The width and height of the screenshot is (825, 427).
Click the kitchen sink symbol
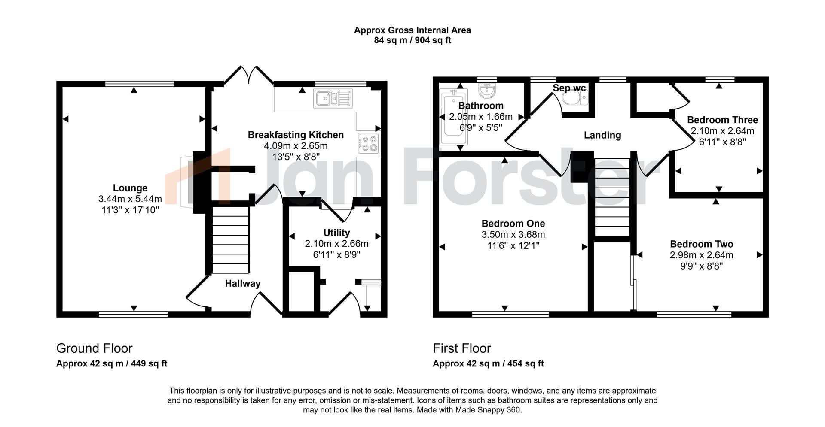(x=333, y=99)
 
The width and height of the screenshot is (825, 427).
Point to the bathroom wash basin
(x=487, y=91)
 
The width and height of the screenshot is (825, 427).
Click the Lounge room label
(x=130, y=188)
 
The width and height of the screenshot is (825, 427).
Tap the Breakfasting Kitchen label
(x=296, y=135)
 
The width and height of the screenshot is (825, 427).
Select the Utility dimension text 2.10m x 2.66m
(x=336, y=244)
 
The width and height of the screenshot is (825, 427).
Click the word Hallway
(x=242, y=284)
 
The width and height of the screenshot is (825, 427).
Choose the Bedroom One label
(x=513, y=224)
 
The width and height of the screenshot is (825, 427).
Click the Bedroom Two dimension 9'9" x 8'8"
(x=701, y=266)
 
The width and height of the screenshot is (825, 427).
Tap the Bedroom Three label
(x=722, y=120)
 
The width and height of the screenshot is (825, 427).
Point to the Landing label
(x=602, y=135)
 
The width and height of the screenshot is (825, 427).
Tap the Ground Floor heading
(x=94, y=348)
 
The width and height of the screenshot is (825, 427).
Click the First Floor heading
(x=461, y=348)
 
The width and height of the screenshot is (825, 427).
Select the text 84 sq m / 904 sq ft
(x=412, y=41)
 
